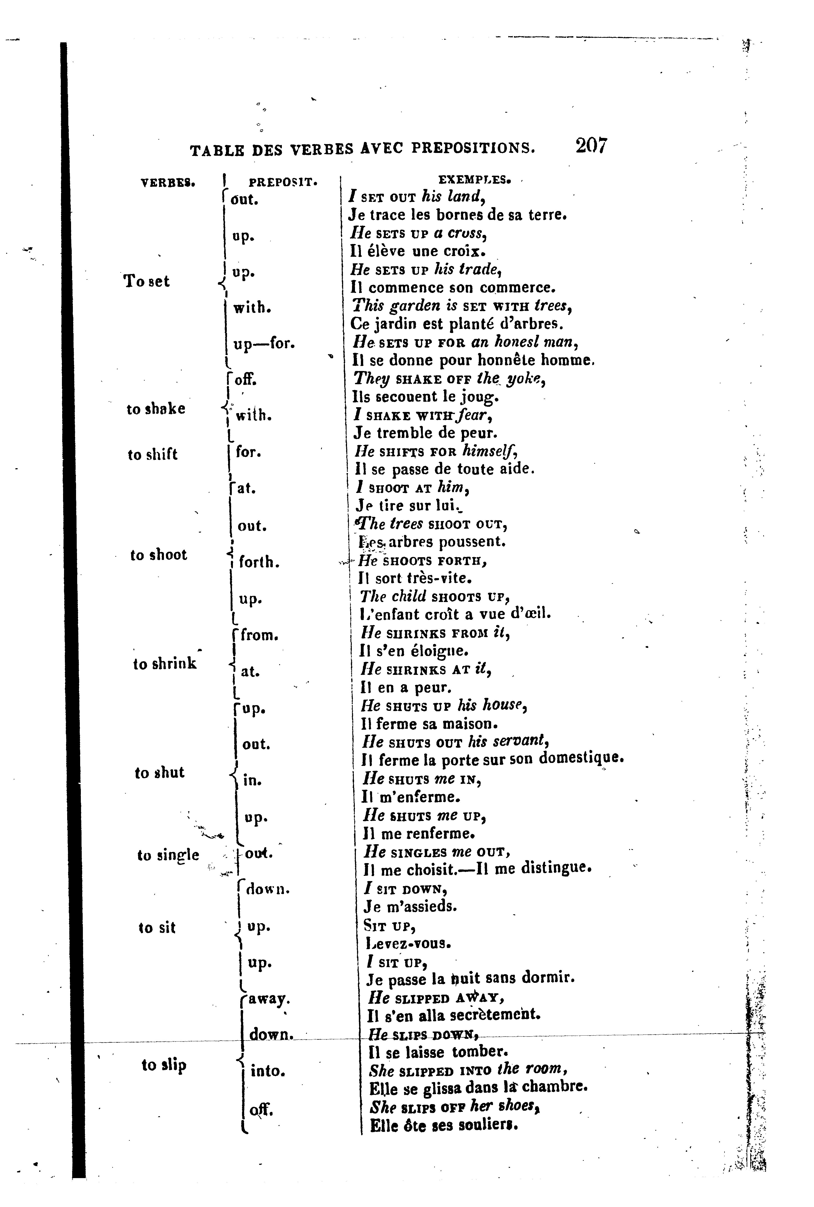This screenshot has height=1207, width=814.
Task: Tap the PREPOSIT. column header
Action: tap(283, 182)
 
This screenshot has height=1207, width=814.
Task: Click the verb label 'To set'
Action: tap(146, 281)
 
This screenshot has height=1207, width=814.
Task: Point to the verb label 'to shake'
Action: tap(156, 409)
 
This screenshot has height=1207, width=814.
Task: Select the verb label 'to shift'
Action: tap(153, 455)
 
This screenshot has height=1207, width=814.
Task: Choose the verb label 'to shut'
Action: tap(159, 773)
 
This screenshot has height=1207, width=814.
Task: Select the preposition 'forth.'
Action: tap(259, 562)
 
